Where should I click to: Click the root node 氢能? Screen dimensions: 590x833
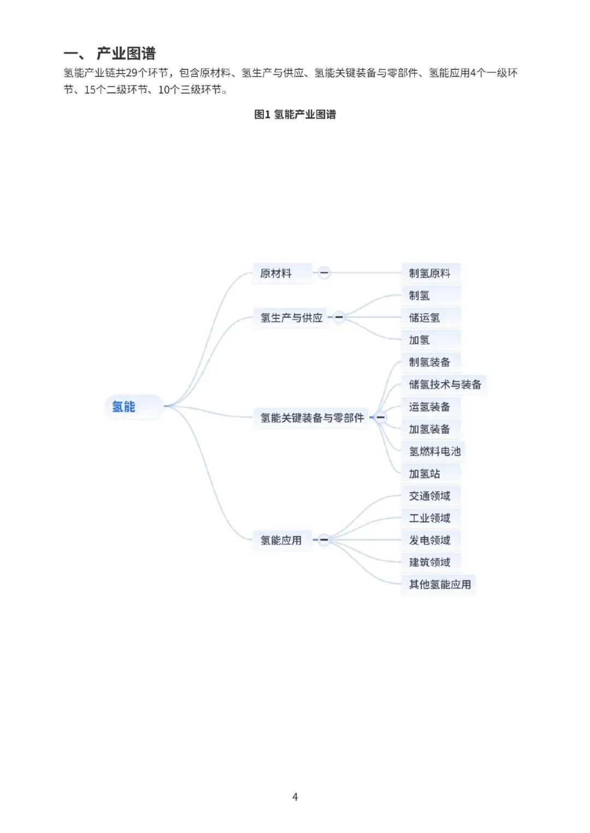click(x=124, y=407)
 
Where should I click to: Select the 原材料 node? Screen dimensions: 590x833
click(x=276, y=273)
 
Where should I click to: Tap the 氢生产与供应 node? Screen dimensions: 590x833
click(x=291, y=318)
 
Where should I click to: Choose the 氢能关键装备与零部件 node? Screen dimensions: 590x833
click(x=312, y=418)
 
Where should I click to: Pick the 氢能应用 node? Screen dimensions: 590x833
click(x=281, y=540)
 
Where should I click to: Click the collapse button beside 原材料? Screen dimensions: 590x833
click(x=324, y=273)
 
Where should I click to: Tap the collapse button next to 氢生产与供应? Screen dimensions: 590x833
click(x=339, y=317)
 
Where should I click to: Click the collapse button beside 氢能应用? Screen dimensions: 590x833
click(x=324, y=540)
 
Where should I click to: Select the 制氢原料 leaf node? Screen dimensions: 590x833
click(x=430, y=273)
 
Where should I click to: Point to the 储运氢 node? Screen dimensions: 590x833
click(x=424, y=318)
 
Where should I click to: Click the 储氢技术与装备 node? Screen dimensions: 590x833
click(x=445, y=384)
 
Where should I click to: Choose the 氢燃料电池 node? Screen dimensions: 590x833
click(x=435, y=451)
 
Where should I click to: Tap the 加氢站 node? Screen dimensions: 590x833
click(x=424, y=473)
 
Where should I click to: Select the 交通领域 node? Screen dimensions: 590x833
click(x=430, y=496)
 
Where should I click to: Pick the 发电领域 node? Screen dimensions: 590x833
click(x=430, y=540)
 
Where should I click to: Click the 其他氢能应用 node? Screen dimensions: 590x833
click(x=440, y=584)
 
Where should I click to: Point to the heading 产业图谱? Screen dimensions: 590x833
click(x=126, y=53)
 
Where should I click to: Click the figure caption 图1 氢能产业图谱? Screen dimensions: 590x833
click(x=295, y=114)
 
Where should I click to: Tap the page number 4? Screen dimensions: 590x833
click(x=295, y=797)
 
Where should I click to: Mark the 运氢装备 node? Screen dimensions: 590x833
click(x=430, y=407)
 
